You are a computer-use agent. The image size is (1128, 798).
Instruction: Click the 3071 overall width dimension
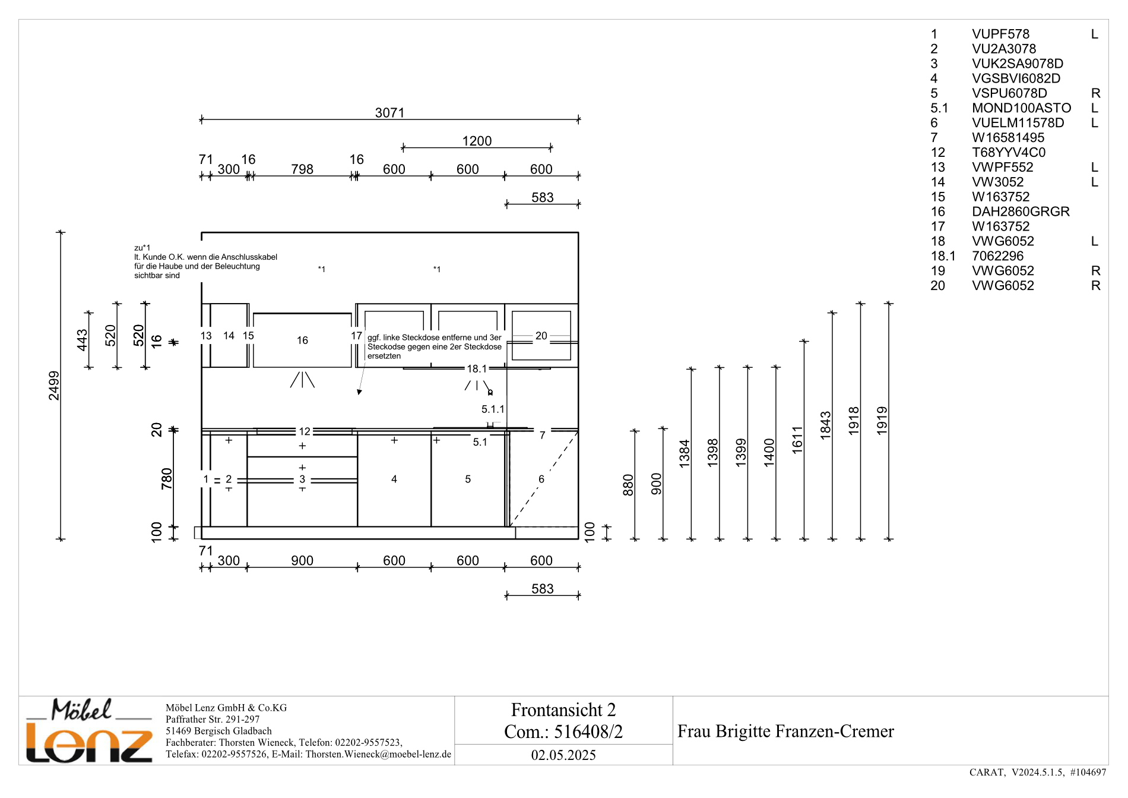(x=389, y=113)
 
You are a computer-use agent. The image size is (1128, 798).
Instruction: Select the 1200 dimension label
(x=477, y=141)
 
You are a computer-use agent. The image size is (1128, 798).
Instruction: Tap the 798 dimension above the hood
(x=302, y=169)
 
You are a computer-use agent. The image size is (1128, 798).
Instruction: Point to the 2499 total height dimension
(x=54, y=386)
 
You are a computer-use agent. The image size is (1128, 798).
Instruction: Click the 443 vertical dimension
(x=82, y=340)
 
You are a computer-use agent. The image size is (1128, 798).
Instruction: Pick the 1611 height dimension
(x=797, y=440)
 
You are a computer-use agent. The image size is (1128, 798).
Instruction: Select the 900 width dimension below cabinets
(x=302, y=561)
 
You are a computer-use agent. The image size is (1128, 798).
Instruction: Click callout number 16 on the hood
(x=302, y=340)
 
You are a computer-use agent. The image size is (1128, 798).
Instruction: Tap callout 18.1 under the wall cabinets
(x=476, y=369)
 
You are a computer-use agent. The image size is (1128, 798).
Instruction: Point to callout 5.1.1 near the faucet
(x=493, y=409)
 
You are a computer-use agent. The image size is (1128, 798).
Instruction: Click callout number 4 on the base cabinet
(x=394, y=479)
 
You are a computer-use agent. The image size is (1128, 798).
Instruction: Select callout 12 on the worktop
(x=305, y=431)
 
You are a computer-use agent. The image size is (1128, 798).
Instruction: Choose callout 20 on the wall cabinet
(x=541, y=336)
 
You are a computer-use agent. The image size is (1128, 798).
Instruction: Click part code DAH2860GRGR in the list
(x=1021, y=212)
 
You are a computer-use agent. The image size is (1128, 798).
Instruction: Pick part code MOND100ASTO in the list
(x=1021, y=108)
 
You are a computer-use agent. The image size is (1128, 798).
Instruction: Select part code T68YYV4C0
(x=1009, y=153)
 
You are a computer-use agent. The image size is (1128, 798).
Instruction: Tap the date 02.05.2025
(x=563, y=755)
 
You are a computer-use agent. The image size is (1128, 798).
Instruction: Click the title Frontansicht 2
(x=563, y=710)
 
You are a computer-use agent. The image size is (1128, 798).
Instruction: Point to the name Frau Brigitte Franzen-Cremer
(x=785, y=731)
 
